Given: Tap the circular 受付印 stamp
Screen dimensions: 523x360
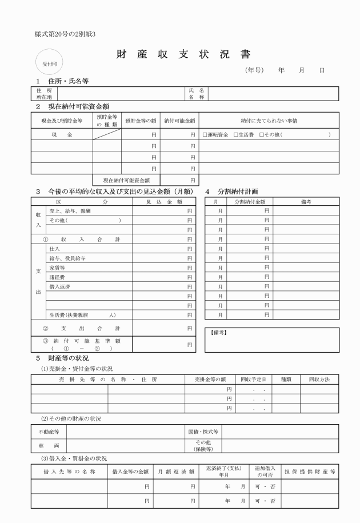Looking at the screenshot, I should tap(50, 62).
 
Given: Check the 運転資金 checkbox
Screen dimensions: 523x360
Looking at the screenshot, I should tap(205, 135).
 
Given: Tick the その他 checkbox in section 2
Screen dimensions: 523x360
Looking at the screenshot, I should tap(261, 135).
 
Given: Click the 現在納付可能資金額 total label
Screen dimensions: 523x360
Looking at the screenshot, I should tap(126, 181).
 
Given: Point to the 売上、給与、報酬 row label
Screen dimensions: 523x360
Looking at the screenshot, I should tap(70, 211).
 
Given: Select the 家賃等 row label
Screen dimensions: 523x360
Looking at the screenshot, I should tap(57, 267).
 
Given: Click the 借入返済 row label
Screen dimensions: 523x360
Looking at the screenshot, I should tap(60, 285).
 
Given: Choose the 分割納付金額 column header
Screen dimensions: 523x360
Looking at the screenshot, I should tap(250, 202).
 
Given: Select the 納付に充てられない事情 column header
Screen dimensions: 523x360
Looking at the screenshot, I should tap(269, 121).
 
